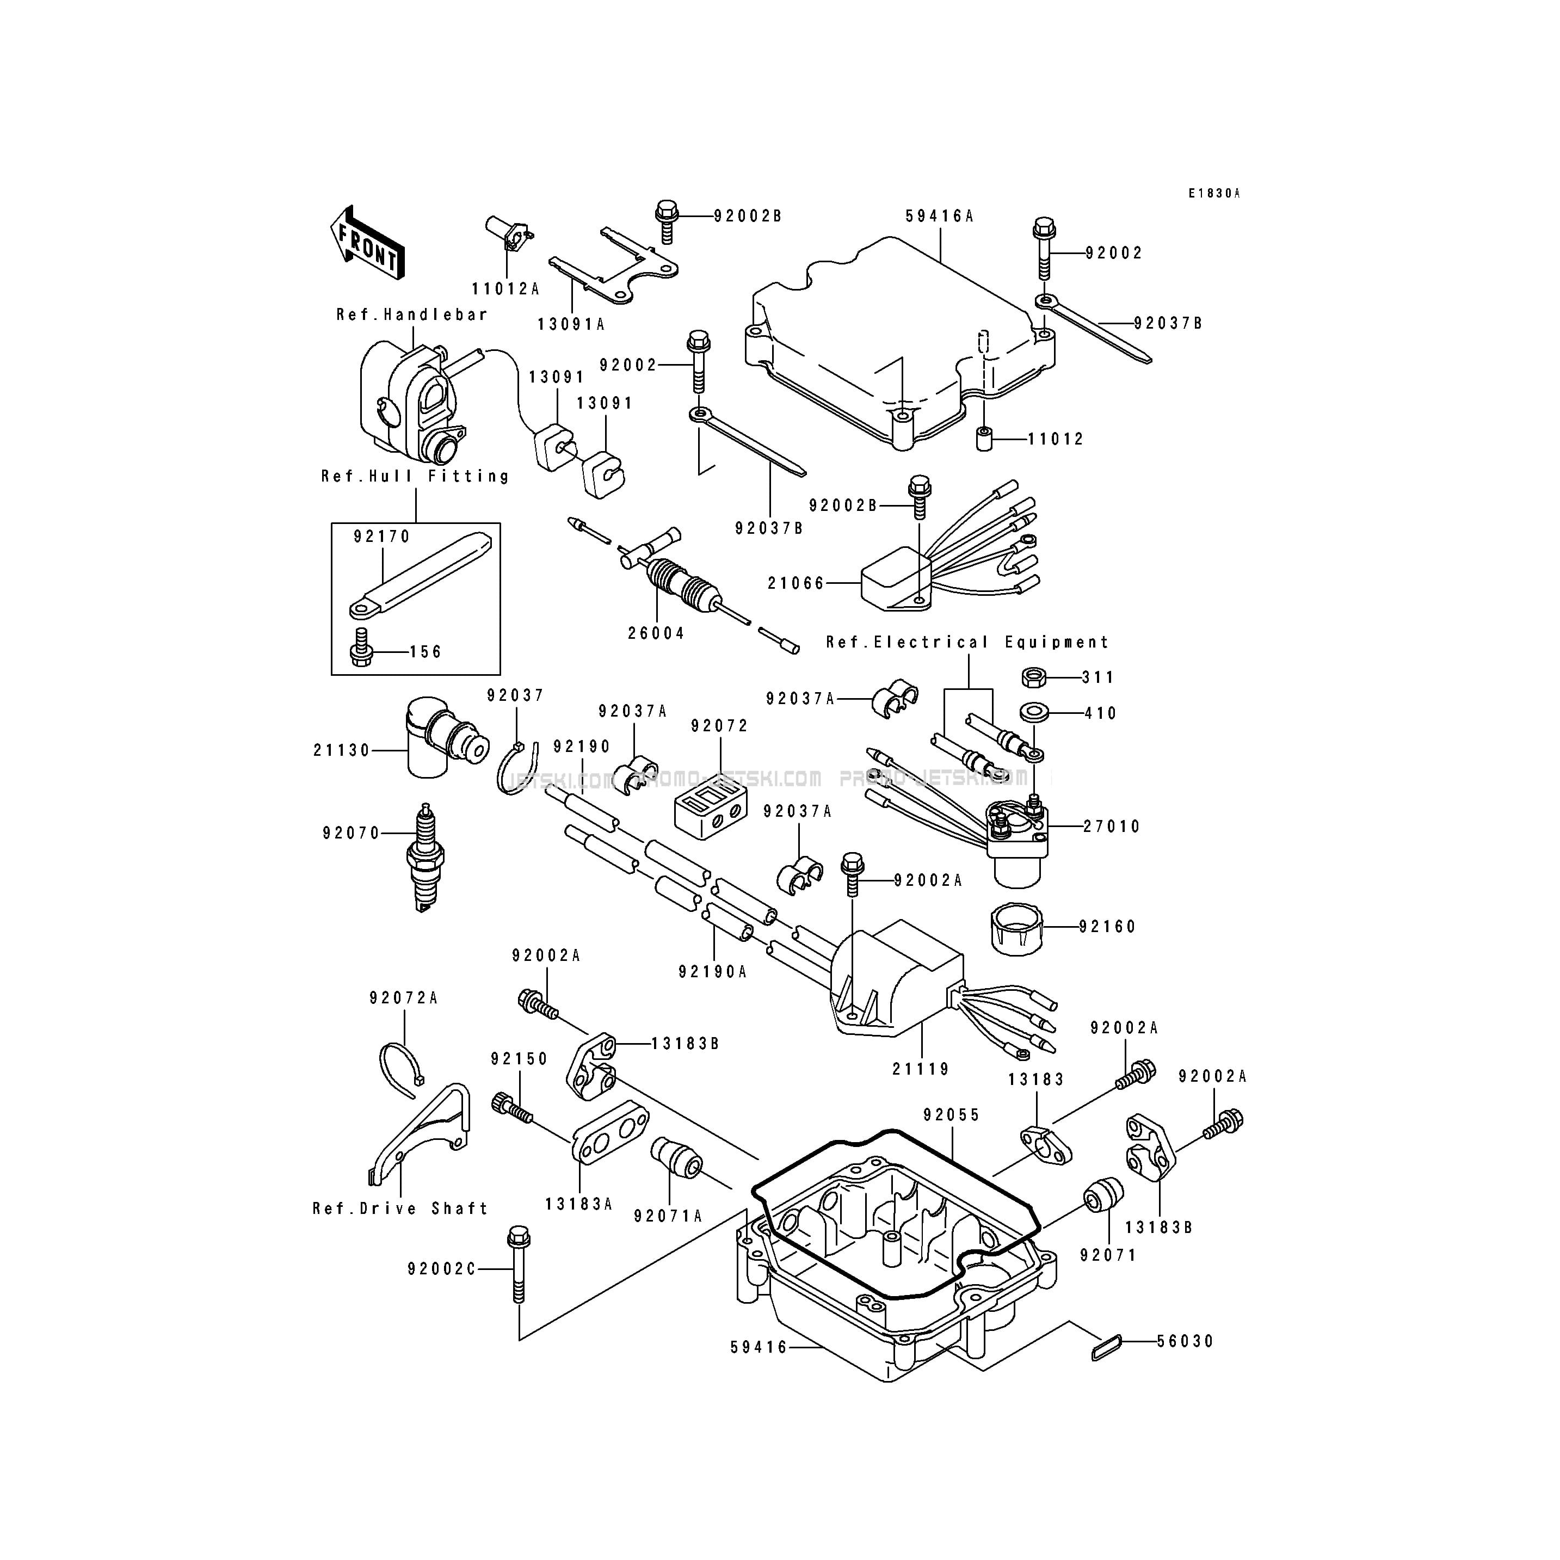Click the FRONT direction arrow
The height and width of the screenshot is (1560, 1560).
(367, 244)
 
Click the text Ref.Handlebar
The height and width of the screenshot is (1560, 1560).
(412, 315)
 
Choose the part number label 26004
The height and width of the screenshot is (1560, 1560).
(656, 634)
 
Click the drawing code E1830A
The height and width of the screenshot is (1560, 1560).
(1213, 194)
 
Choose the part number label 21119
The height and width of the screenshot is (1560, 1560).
(921, 1069)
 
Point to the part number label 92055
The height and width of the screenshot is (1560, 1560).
(952, 1115)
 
